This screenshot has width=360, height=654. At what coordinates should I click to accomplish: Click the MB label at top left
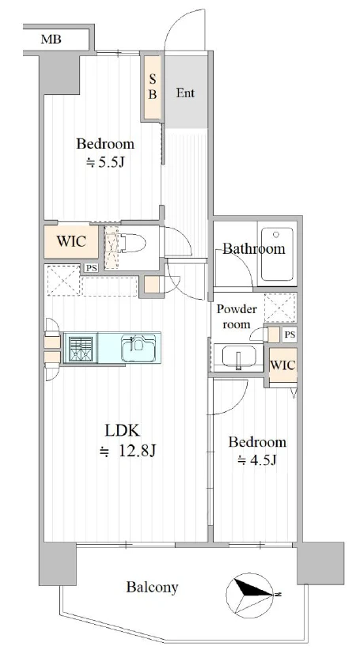(x=51, y=40)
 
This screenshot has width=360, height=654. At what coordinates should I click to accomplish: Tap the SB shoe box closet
(x=153, y=87)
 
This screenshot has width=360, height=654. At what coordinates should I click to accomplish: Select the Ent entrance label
(x=185, y=93)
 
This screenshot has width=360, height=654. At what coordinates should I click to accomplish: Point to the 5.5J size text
(x=105, y=162)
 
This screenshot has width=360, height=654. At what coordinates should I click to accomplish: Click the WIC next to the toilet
(x=71, y=241)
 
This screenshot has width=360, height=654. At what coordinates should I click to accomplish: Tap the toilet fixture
(x=132, y=243)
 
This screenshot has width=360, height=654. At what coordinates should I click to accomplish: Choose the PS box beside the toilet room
(x=91, y=268)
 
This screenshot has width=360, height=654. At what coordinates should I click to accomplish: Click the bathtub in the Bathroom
(x=277, y=254)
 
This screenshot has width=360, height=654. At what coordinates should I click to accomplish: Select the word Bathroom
(x=254, y=249)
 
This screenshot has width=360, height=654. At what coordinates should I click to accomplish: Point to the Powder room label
(x=237, y=316)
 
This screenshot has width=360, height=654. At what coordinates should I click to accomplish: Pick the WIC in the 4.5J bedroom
(x=282, y=365)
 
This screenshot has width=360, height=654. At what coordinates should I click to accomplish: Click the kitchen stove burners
(x=80, y=348)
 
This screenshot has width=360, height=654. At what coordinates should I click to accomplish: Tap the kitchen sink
(x=139, y=347)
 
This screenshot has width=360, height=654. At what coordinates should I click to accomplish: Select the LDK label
(x=122, y=430)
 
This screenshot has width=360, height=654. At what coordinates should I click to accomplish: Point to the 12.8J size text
(x=128, y=451)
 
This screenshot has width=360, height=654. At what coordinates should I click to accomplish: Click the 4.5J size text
(x=257, y=460)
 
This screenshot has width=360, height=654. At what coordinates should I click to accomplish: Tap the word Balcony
(x=152, y=588)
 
